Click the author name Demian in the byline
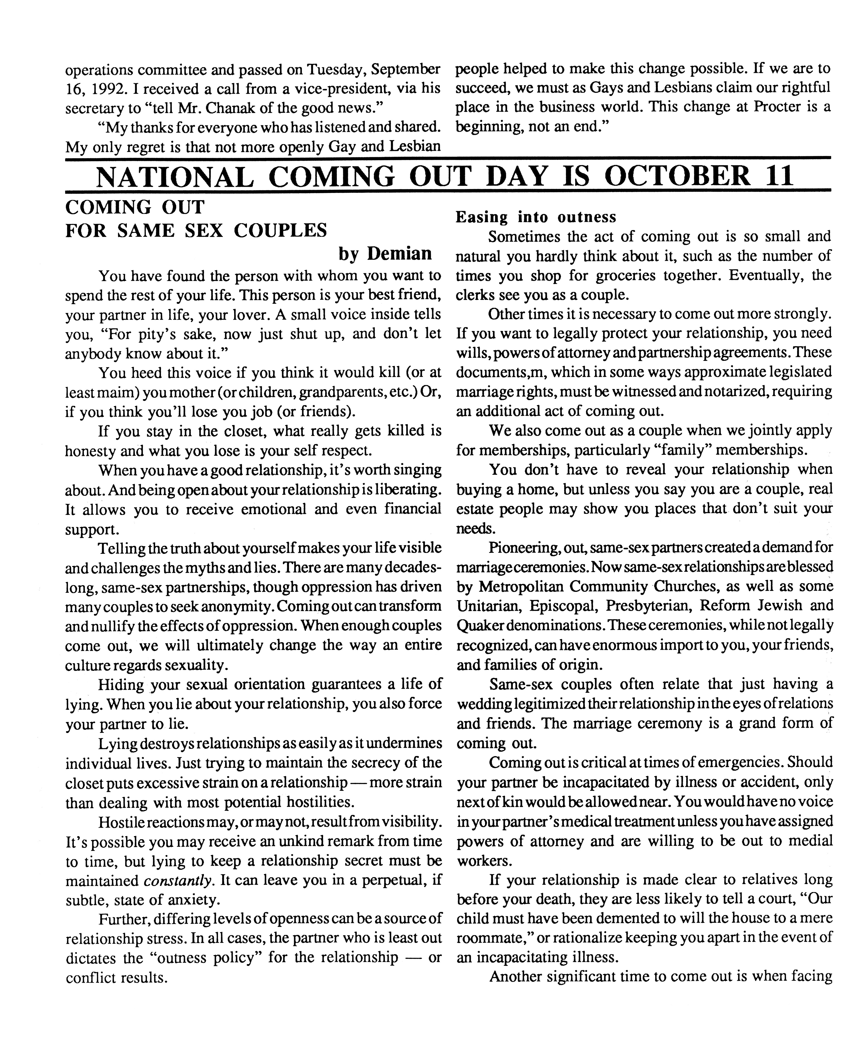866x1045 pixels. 400,254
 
